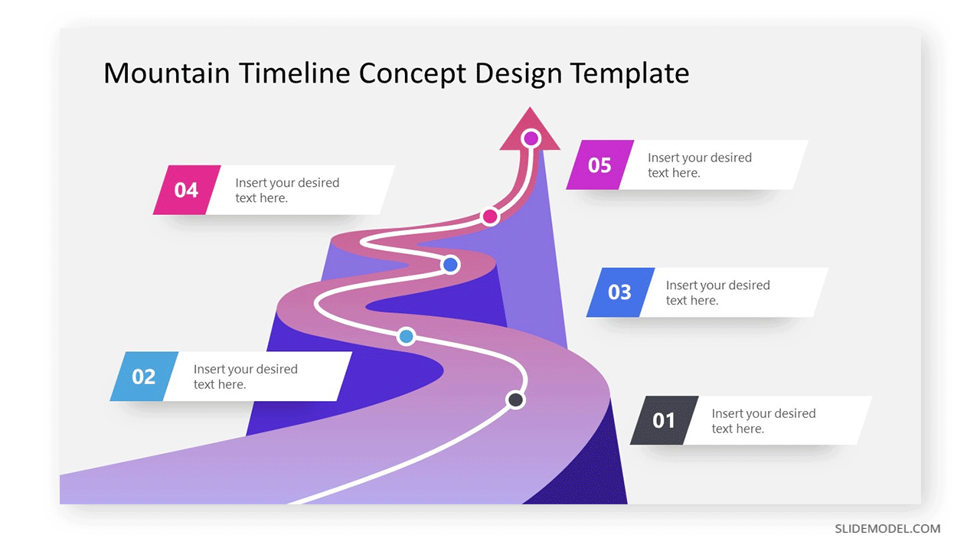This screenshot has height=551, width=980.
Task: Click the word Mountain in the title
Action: click(167, 73)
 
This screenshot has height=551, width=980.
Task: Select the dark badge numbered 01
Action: click(664, 420)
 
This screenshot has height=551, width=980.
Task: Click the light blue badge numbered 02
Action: click(144, 376)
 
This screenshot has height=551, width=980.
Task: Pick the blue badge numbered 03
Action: click(620, 292)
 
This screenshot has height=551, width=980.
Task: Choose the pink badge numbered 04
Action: click(187, 190)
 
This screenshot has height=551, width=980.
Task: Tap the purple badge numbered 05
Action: click(599, 165)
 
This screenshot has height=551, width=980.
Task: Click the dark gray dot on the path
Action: click(515, 399)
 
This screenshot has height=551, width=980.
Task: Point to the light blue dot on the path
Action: click(407, 336)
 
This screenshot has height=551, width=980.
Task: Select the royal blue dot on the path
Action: click(450, 265)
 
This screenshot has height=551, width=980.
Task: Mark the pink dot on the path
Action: click(490, 216)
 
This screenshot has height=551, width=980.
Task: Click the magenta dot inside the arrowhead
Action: click(531, 139)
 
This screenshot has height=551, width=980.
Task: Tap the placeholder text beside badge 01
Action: click(763, 421)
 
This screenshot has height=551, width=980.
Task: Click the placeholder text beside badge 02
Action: click(246, 377)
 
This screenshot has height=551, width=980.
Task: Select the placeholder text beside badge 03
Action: click(718, 292)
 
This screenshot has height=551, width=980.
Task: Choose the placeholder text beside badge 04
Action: click(287, 191)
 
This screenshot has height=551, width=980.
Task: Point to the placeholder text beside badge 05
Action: click(700, 165)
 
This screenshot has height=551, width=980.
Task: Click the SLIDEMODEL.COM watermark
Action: click(887, 529)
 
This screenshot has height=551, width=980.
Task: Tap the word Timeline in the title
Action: click(295, 73)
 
